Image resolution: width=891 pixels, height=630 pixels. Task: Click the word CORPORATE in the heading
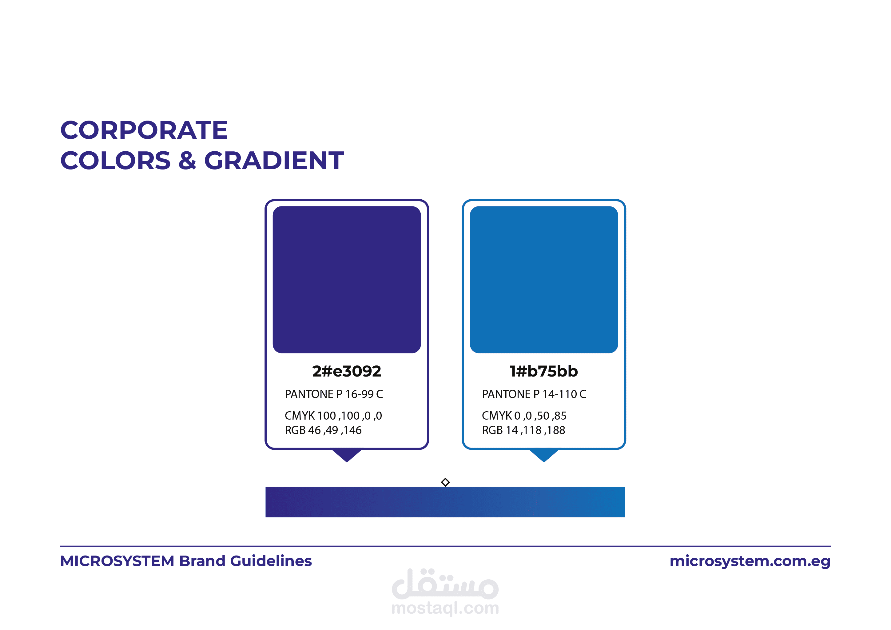pyautogui.click(x=144, y=130)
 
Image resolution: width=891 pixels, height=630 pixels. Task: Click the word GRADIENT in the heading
pyautogui.click(x=274, y=161)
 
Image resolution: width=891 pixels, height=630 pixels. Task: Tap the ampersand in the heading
pyautogui.click(x=187, y=161)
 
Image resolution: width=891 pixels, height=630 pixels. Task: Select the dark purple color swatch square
pyautogui.click(x=347, y=280)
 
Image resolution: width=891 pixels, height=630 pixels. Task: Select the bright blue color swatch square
pyautogui.click(x=544, y=280)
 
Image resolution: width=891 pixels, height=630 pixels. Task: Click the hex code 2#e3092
pyautogui.click(x=347, y=372)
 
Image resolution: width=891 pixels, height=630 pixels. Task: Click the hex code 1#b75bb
pyautogui.click(x=544, y=372)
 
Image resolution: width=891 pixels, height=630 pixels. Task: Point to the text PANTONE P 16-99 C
pyautogui.click(x=334, y=394)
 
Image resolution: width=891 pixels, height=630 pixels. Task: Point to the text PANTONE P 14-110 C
pyautogui.click(x=534, y=394)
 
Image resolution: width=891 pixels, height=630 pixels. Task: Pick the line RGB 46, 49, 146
pyautogui.click(x=323, y=430)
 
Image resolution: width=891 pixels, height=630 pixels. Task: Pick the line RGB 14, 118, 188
pyautogui.click(x=523, y=430)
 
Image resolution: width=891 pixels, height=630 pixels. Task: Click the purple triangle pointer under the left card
pyautogui.click(x=347, y=455)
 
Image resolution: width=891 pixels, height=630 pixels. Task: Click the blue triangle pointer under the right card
pyautogui.click(x=544, y=455)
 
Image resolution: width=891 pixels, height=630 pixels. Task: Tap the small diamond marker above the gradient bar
pyautogui.click(x=445, y=482)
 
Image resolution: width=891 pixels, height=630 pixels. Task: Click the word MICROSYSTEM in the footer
pyautogui.click(x=117, y=561)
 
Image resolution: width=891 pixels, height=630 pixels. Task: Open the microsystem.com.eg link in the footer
pyautogui.click(x=750, y=562)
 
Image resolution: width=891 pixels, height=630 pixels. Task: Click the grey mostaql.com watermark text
pyautogui.click(x=445, y=608)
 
